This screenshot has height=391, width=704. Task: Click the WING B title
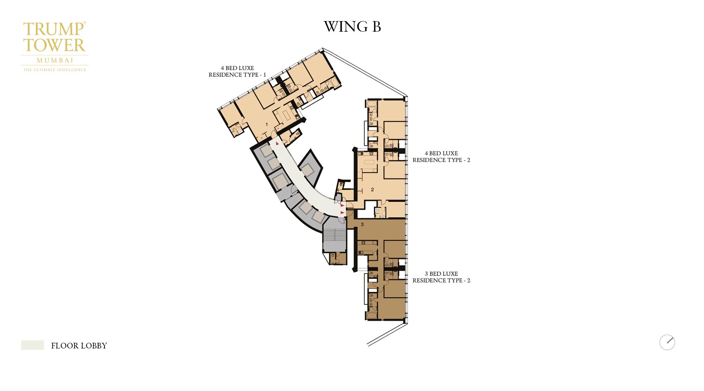point(352,27)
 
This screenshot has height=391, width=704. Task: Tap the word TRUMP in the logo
point(54,29)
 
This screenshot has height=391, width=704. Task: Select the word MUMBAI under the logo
point(55,61)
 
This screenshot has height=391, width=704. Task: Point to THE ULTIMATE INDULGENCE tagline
point(55,70)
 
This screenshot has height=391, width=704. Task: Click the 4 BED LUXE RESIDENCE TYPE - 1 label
point(237,71)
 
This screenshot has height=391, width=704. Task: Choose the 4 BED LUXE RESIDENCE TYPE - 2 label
point(441,157)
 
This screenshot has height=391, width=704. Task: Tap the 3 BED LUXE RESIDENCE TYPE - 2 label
point(441,277)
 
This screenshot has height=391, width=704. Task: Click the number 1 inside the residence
point(266,124)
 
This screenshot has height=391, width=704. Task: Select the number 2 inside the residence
point(372,189)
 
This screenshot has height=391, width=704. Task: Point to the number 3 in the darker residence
point(362,224)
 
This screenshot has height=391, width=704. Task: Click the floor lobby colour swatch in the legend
point(32,345)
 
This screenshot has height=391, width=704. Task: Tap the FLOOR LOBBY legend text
point(79,346)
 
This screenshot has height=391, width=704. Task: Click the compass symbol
point(667,342)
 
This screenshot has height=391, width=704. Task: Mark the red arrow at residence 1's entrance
point(277,144)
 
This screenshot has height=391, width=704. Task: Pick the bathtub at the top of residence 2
point(371,104)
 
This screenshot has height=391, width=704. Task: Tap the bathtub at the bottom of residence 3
point(371,315)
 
